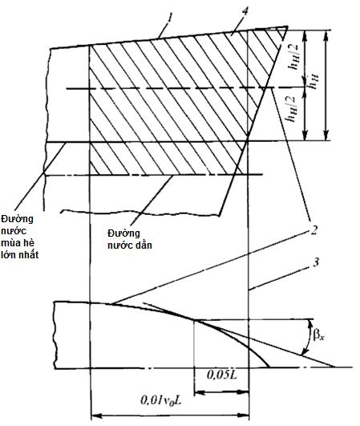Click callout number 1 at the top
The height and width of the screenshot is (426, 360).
(x=170, y=18)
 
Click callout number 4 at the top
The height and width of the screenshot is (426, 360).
(x=245, y=13)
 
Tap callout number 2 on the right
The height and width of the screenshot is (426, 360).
(x=313, y=230)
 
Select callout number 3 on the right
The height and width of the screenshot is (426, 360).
(x=315, y=262)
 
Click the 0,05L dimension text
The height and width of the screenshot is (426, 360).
(x=222, y=375)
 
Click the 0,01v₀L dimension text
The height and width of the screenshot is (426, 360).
(x=160, y=400)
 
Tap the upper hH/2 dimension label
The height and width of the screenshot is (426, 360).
(x=294, y=57)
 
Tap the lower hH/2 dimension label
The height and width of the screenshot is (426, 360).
(x=293, y=109)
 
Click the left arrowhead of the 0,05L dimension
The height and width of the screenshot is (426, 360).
(x=200, y=392)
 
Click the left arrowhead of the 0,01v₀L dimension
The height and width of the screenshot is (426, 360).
(x=96, y=416)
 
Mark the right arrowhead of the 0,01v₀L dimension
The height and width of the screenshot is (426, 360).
(x=244, y=416)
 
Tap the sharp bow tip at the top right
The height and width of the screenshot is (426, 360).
(x=287, y=26)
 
